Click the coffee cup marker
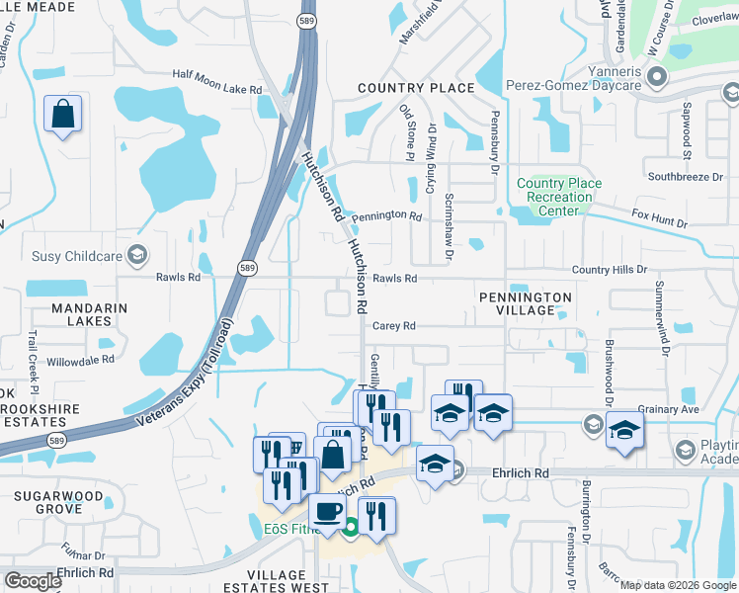tap(327, 512)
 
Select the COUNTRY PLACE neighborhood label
tap(416, 88)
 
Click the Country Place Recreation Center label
tap(559, 197)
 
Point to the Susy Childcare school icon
tap(139, 256)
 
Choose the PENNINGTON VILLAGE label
tap(526, 303)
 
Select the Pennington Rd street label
tap(386, 214)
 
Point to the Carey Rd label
tap(394, 325)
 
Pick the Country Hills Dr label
tap(610, 269)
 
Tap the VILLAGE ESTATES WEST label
tap(277, 582)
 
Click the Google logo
tap(34, 580)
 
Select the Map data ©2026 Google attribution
tap(677, 585)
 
